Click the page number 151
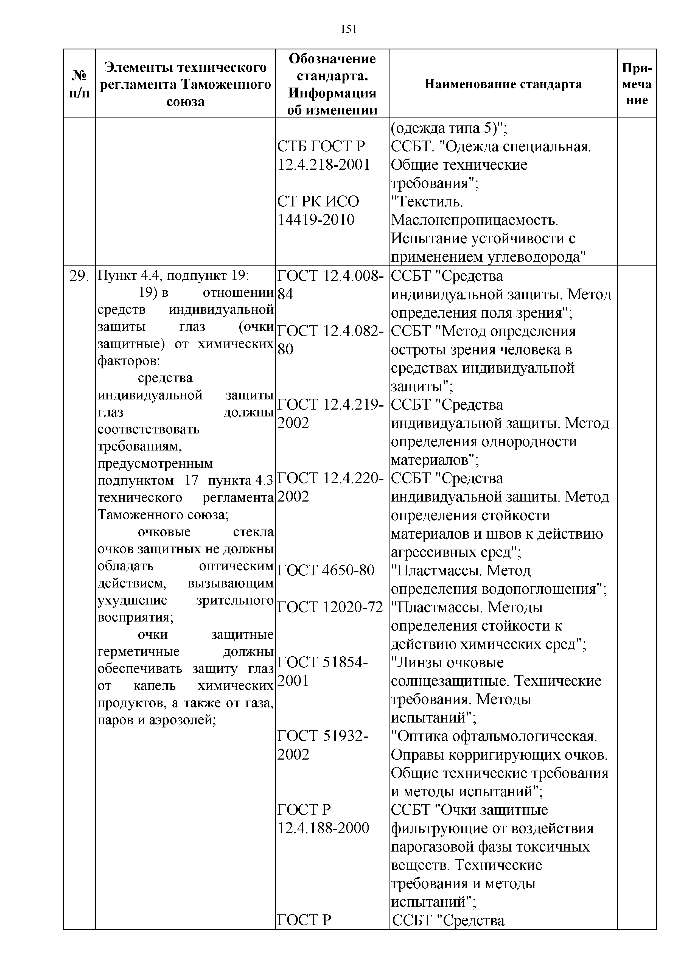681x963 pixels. [349, 29]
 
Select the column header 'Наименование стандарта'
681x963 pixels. [503, 84]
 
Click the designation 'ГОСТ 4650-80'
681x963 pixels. [326, 570]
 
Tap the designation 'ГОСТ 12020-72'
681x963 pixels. [330, 607]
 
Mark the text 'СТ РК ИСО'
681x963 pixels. [318, 201]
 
